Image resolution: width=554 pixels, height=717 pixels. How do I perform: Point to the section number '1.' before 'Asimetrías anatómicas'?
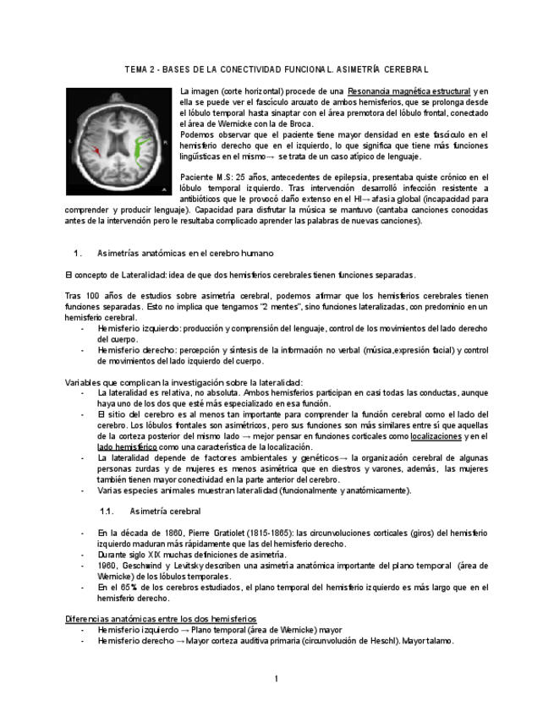tap(78, 253)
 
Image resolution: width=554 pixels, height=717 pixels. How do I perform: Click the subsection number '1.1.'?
tap(107, 512)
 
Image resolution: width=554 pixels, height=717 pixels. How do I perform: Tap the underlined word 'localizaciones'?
tap(436, 436)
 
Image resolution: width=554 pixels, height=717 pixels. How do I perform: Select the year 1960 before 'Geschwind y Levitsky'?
tap(107, 565)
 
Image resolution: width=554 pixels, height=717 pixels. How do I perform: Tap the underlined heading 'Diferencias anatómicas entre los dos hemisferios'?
tap(161, 619)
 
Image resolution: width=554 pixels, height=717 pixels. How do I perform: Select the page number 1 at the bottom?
tap(276, 678)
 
